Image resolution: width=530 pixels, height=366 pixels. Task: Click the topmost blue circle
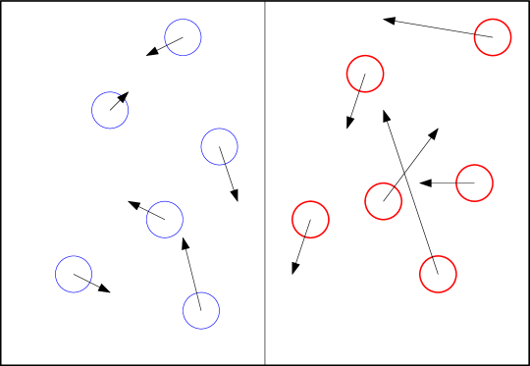(x=183, y=37)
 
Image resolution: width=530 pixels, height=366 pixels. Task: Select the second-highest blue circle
(x=110, y=110)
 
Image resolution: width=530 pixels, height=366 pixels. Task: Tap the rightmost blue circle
(x=219, y=146)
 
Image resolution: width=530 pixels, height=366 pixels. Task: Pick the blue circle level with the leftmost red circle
(x=165, y=219)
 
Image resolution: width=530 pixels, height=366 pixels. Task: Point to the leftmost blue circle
(x=74, y=274)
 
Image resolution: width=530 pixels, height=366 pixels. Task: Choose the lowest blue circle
(x=200, y=310)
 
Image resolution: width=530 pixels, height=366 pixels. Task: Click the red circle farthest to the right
(x=493, y=37)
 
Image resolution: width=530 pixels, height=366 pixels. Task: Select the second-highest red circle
(x=365, y=74)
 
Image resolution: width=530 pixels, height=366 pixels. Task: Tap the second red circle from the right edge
(x=474, y=183)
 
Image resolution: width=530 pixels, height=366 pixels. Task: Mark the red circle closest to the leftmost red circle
(x=383, y=201)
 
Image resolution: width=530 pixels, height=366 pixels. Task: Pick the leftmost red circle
(x=310, y=219)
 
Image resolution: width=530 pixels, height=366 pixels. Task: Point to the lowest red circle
(x=438, y=274)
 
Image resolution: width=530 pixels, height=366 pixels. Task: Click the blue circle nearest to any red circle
(x=219, y=146)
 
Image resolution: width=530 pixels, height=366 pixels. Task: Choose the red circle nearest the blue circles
(x=310, y=219)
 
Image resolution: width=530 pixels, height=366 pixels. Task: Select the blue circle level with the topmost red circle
(x=183, y=37)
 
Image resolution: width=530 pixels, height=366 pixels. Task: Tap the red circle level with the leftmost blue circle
(x=438, y=274)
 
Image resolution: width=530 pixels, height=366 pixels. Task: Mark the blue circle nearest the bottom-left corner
(x=74, y=274)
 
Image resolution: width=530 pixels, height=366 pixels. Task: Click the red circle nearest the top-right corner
(x=493, y=37)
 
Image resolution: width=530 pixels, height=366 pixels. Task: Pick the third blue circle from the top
(x=219, y=146)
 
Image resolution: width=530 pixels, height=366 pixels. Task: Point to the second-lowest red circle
(x=310, y=219)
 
